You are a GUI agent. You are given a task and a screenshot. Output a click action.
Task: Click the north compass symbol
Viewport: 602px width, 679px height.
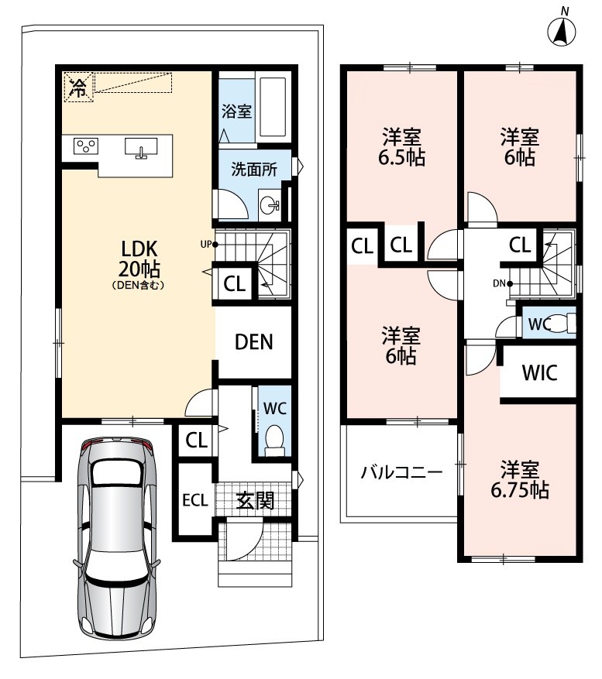562,29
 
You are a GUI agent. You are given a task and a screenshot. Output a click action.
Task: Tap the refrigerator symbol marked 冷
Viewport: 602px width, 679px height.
79,87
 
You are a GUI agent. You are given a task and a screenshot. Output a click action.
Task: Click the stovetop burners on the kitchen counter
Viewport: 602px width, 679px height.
85,146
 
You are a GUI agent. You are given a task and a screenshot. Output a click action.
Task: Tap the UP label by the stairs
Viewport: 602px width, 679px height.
206,244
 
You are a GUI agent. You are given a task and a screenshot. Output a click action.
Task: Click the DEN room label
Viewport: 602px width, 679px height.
254,341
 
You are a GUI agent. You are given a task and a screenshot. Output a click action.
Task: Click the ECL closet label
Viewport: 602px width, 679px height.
195,500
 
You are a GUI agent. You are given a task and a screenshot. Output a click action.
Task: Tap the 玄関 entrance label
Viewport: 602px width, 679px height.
255,501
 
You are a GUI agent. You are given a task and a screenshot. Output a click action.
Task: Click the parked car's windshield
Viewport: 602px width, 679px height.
118,473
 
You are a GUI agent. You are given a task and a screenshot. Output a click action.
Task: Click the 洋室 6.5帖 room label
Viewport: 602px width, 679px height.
401,147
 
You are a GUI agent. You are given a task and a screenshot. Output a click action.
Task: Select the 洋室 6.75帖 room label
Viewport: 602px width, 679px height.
520,479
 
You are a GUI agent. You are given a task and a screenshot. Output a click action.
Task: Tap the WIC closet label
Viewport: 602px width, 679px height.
539,373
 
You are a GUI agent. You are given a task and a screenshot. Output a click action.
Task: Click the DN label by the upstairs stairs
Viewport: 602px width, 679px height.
499,283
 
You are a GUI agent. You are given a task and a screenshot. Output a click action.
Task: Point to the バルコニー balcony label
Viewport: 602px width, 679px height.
402,472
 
